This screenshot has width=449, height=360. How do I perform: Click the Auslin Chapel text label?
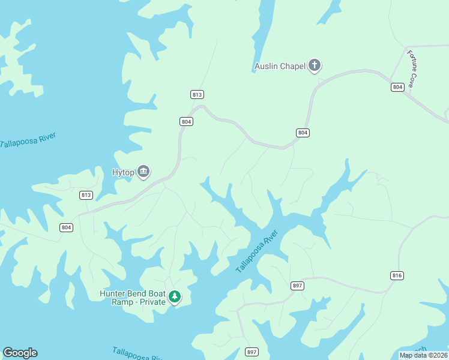point(279,66)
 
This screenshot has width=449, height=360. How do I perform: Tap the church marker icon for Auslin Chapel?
point(315,65)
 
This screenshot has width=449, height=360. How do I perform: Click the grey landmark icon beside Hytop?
point(143,172)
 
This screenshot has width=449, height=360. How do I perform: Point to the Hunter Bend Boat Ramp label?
point(132,298)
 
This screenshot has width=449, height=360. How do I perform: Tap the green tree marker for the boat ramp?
point(175,296)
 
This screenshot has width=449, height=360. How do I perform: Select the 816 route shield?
point(397,275)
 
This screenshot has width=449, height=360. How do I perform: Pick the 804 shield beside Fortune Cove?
point(397,87)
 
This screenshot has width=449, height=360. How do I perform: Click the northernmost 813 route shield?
point(197,94)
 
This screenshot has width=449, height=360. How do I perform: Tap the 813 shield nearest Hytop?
point(86,195)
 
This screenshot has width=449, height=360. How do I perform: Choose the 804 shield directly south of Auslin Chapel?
point(303,133)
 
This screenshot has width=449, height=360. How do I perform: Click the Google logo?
point(20,353)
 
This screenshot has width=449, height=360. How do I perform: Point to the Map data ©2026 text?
point(424,355)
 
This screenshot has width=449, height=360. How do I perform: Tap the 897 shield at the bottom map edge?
point(252,352)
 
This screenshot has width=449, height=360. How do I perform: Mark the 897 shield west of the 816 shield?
point(297,286)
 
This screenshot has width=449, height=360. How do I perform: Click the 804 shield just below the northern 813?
point(186,121)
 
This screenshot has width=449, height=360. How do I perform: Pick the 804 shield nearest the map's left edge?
point(66,227)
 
